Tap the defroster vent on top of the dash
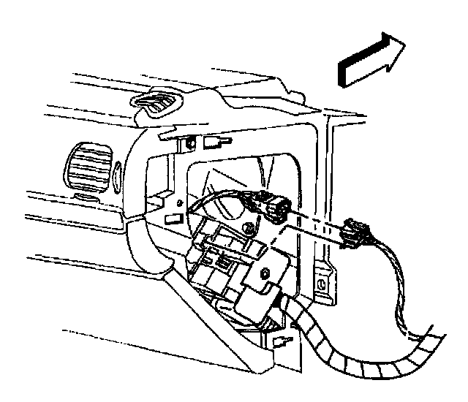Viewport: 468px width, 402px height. click(x=156, y=104)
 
